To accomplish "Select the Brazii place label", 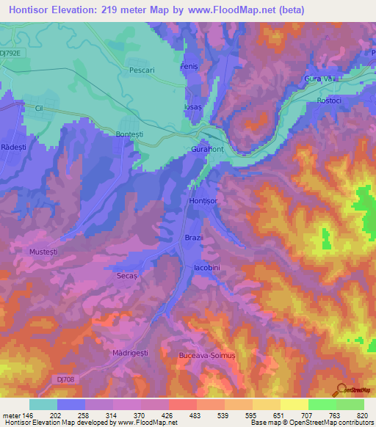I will [192, 238].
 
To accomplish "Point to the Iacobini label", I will [207, 269].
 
